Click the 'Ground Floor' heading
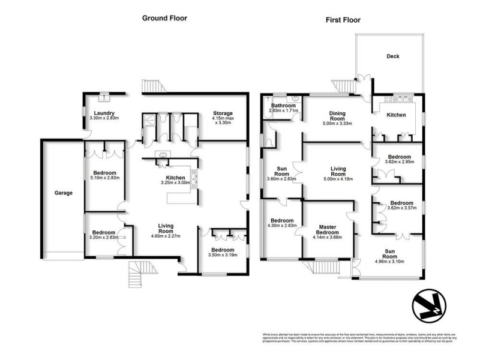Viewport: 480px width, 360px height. point(164,18)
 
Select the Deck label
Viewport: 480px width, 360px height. point(392,57)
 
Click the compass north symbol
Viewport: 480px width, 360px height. point(429,306)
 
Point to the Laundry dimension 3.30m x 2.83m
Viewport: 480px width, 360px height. point(104,118)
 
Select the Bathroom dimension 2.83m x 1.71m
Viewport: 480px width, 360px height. point(283,111)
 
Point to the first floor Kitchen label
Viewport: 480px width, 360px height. point(396,115)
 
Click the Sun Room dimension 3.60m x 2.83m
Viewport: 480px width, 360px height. point(281,179)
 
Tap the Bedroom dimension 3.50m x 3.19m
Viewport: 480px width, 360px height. point(221,255)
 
